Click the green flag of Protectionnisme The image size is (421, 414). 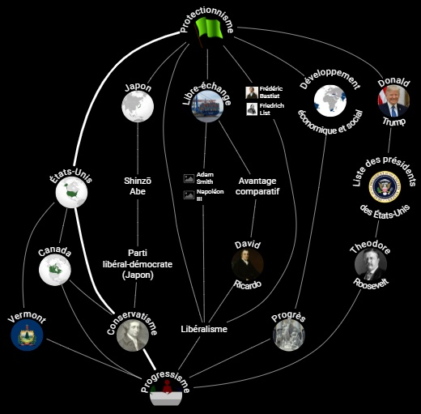(x=209, y=30)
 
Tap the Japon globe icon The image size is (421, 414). (x=138, y=106)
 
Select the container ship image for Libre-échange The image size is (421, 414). (x=207, y=106)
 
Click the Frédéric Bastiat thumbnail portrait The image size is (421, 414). (x=252, y=92)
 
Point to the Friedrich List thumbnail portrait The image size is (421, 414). (x=252, y=109)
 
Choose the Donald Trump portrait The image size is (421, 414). (x=393, y=100)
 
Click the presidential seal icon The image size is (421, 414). (x=385, y=186)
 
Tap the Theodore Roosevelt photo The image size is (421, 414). (x=371, y=264)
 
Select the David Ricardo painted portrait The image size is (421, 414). (x=248, y=264)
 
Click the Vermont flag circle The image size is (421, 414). (x=27, y=335)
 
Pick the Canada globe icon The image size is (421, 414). (x=55, y=270)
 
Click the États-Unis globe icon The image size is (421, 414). (x=71, y=192)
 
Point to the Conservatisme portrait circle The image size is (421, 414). (x=133, y=335)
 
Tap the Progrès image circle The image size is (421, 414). (x=288, y=335)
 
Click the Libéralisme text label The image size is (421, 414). (x=204, y=329)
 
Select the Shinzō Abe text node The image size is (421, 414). (x=138, y=186)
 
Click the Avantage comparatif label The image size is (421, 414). (x=257, y=186)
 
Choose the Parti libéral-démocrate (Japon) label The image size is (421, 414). (x=138, y=264)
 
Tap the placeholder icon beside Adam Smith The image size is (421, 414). (x=189, y=178)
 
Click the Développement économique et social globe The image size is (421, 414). (x=330, y=100)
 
